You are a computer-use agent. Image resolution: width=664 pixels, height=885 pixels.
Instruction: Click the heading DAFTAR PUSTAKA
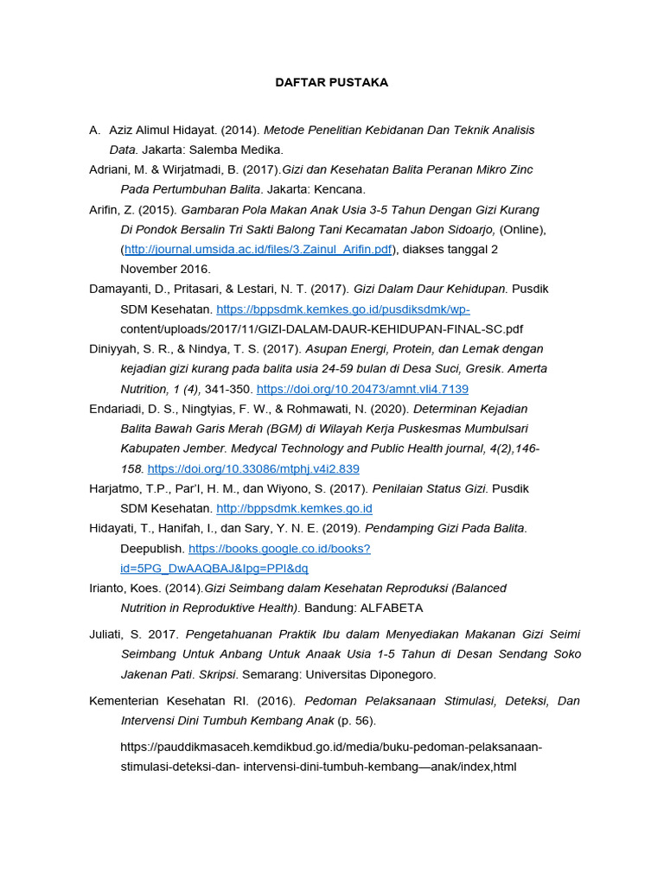point(331,83)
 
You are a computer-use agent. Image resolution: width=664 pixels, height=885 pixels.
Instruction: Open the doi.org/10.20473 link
point(362,389)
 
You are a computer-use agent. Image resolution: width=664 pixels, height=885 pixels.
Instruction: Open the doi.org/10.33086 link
point(253,468)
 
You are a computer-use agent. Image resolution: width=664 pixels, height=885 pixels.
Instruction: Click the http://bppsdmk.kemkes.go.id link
point(294,508)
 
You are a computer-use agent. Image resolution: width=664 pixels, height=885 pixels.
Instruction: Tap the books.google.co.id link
point(279,549)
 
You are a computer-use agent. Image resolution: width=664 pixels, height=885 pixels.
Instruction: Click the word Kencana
point(340,189)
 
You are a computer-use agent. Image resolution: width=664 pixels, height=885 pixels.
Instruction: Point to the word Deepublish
point(152,549)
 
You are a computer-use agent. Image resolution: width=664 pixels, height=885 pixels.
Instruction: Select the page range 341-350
point(228,389)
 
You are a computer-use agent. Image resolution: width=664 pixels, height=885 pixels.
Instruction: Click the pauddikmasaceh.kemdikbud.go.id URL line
point(331,747)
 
